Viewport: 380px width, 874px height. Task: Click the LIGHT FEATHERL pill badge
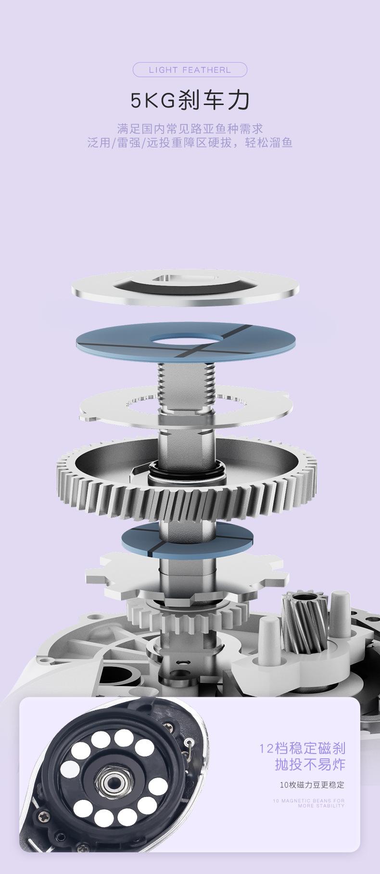190,70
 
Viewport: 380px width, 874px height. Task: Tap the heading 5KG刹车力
190,100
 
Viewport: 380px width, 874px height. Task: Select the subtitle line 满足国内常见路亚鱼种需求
190,129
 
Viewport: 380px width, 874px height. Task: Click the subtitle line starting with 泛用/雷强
190,143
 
